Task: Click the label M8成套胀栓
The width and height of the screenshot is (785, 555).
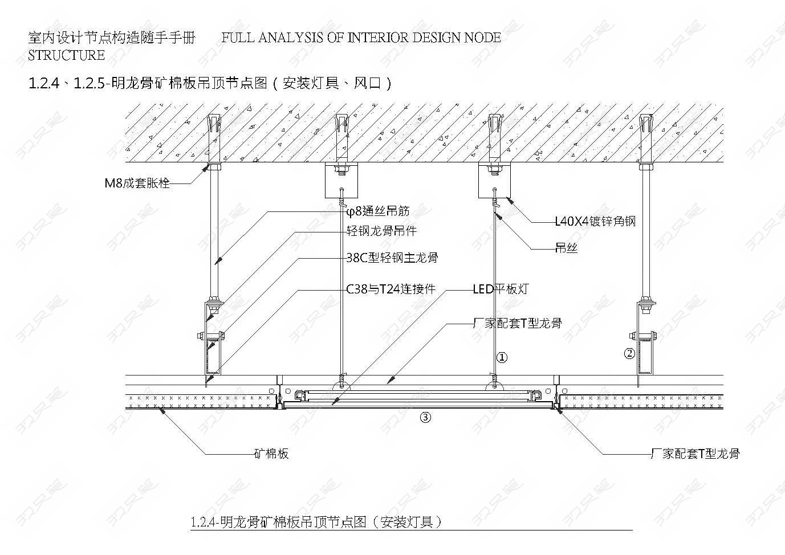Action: tap(137, 183)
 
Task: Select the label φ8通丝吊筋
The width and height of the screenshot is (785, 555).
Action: tap(377, 211)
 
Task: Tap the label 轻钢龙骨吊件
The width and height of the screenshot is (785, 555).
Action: tap(381, 231)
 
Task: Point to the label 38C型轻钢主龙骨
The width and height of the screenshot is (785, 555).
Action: tap(392, 258)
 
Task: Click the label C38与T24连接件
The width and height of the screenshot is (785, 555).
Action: tap(391, 289)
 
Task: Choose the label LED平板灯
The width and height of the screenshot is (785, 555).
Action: tap(501, 289)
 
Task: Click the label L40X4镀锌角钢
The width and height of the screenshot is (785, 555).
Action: tap(595, 222)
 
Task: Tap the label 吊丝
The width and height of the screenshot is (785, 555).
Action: tap(566, 248)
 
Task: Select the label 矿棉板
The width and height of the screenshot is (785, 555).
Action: tap(271, 454)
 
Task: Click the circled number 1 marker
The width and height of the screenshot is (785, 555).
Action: tap(502, 358)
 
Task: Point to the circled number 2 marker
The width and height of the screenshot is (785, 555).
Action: tap(629, 353)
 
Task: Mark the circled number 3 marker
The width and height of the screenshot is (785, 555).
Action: tap(425, 417)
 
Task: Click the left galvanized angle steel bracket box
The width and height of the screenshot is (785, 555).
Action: tap(341, 181)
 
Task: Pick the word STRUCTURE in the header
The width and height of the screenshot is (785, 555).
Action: tap(66, 55)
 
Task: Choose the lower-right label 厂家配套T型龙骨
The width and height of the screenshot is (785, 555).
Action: tap(695, 454)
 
